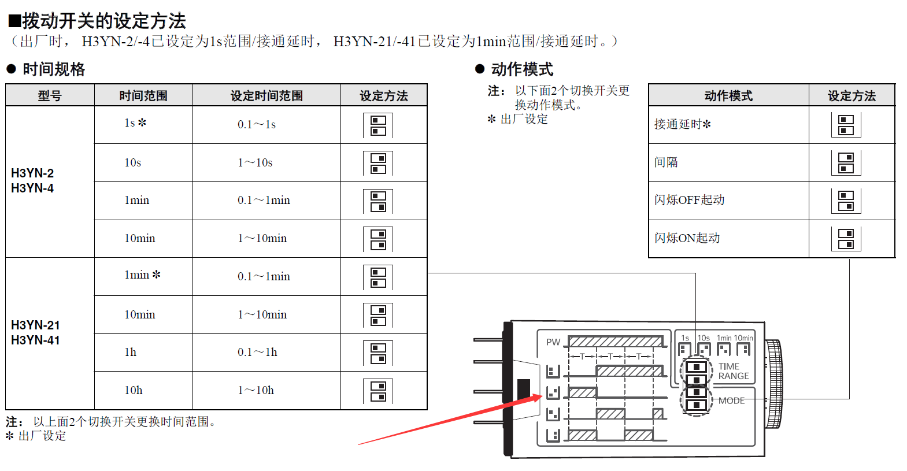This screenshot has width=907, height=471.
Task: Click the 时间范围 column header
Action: (143, 95)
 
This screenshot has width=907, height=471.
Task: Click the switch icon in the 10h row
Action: (378, 391)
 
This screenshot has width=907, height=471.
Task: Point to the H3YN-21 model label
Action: (36, 325)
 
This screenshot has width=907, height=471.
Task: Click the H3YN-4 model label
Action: (32, 188)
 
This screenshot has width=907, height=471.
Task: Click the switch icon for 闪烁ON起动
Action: (846, 239)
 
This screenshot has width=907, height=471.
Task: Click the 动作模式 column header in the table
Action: (728, 95)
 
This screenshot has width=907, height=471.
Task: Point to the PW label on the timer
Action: (553, 342)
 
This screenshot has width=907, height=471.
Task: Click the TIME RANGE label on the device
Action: (734, 371)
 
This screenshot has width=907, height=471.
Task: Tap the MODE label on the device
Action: (731, 400)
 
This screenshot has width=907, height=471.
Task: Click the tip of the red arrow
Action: (542, 395)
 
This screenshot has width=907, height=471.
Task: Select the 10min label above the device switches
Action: (743, 338)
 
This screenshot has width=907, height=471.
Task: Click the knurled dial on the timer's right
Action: (773, 384)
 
